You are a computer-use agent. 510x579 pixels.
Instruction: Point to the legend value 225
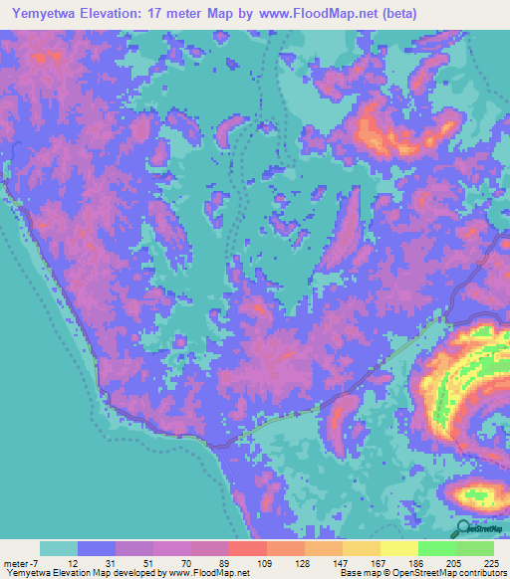(x=492, y=562)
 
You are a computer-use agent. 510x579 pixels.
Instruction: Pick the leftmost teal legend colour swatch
(x=59, y=548)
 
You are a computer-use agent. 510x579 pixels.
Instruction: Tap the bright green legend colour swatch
(x=437, y=548)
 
